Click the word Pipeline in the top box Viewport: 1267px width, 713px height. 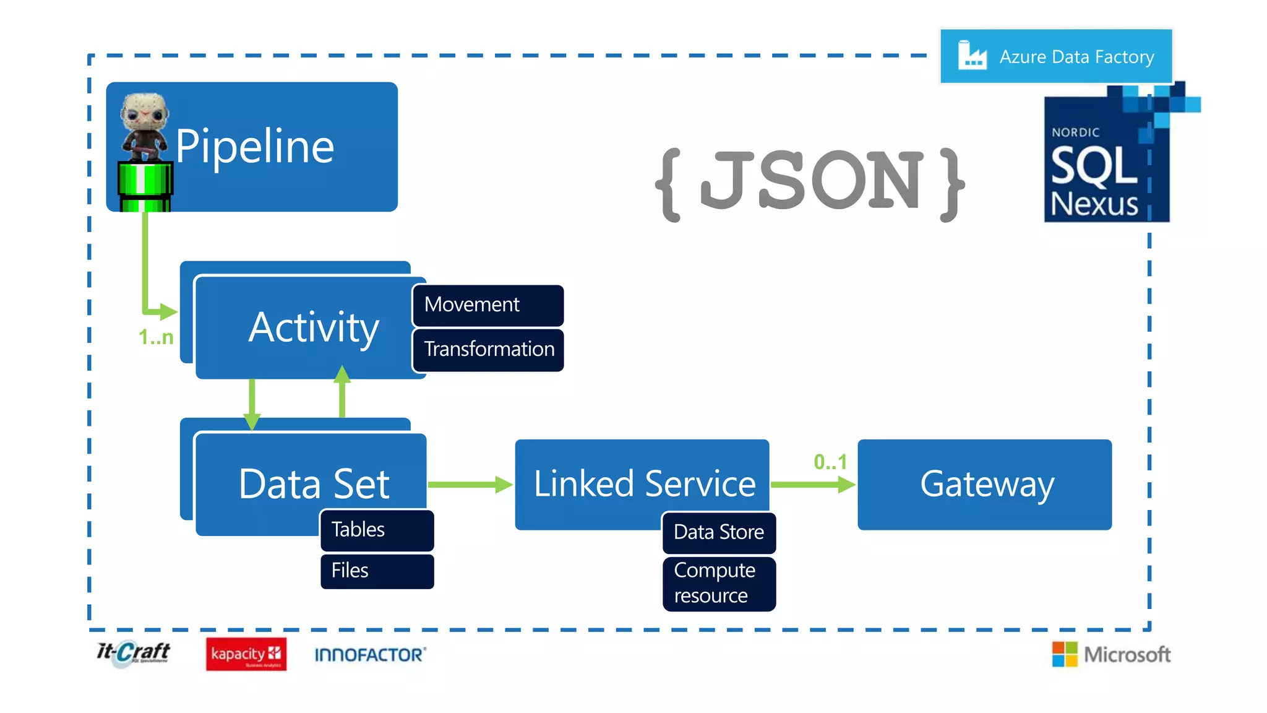click(x=254, y=147)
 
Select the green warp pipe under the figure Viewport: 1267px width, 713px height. click(x=145, y=186)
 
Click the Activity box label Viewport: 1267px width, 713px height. click(x=314, y=327)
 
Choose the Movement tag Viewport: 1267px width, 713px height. click(x=487, y=305)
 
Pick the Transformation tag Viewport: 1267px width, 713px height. click(x=488, y=350)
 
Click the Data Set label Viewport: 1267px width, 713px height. click(x=314, y=484)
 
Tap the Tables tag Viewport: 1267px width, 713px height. click(x=377, y=530)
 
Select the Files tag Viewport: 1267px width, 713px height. click(x=377, y=571)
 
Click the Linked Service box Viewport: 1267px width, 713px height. click(x=643, y=483)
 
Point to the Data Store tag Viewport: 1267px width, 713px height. click(x=718, y=532)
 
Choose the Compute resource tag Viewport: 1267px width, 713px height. click(x=718, y=583)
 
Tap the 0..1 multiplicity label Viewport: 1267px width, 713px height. click(x=830, y=462)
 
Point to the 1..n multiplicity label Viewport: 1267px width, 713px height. click(x=156, y=337)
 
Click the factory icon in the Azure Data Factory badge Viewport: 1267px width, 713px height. click(x=971, y=56)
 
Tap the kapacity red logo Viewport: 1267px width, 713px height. click(x=246, y=654)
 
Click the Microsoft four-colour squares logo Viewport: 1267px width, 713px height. click(x=1064, y=654)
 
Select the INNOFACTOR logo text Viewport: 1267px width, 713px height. click(x=370, y=655)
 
